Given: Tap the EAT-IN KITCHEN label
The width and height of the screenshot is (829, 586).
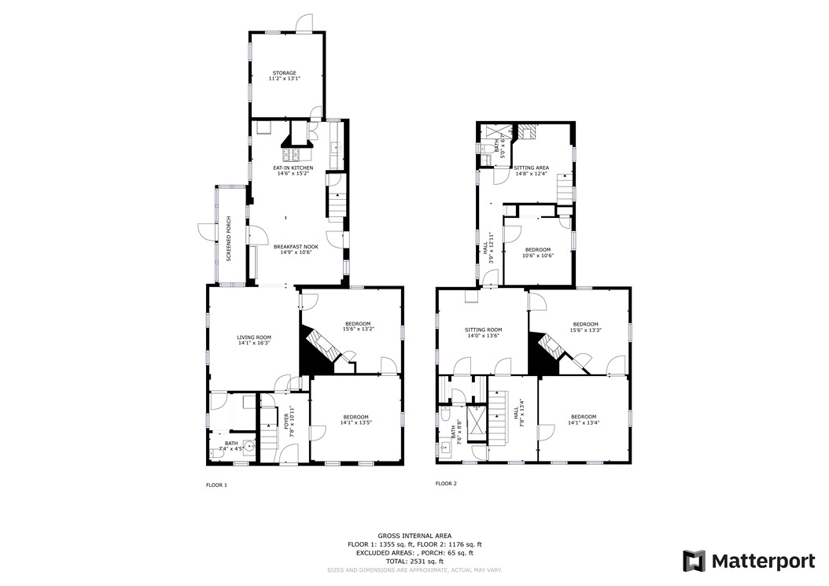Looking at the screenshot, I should pos(293,168).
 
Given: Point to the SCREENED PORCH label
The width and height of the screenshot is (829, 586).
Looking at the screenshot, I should pos(229,238).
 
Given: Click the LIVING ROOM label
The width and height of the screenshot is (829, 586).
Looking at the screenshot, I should pos(254,337).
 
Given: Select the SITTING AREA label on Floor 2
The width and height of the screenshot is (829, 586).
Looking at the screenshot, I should pos(532,168).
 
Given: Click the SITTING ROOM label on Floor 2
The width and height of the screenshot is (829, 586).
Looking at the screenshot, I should pos(483,330).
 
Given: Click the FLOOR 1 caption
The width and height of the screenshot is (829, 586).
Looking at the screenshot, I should pos(216,485).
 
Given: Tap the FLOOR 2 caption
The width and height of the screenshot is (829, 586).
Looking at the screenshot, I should pos(446,483).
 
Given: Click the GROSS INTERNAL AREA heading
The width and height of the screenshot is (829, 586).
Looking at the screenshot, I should pos(414,535).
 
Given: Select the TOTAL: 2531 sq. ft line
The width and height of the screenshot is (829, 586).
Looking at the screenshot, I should pos(414,562).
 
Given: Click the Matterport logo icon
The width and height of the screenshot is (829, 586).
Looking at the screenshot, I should pos(693,561).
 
